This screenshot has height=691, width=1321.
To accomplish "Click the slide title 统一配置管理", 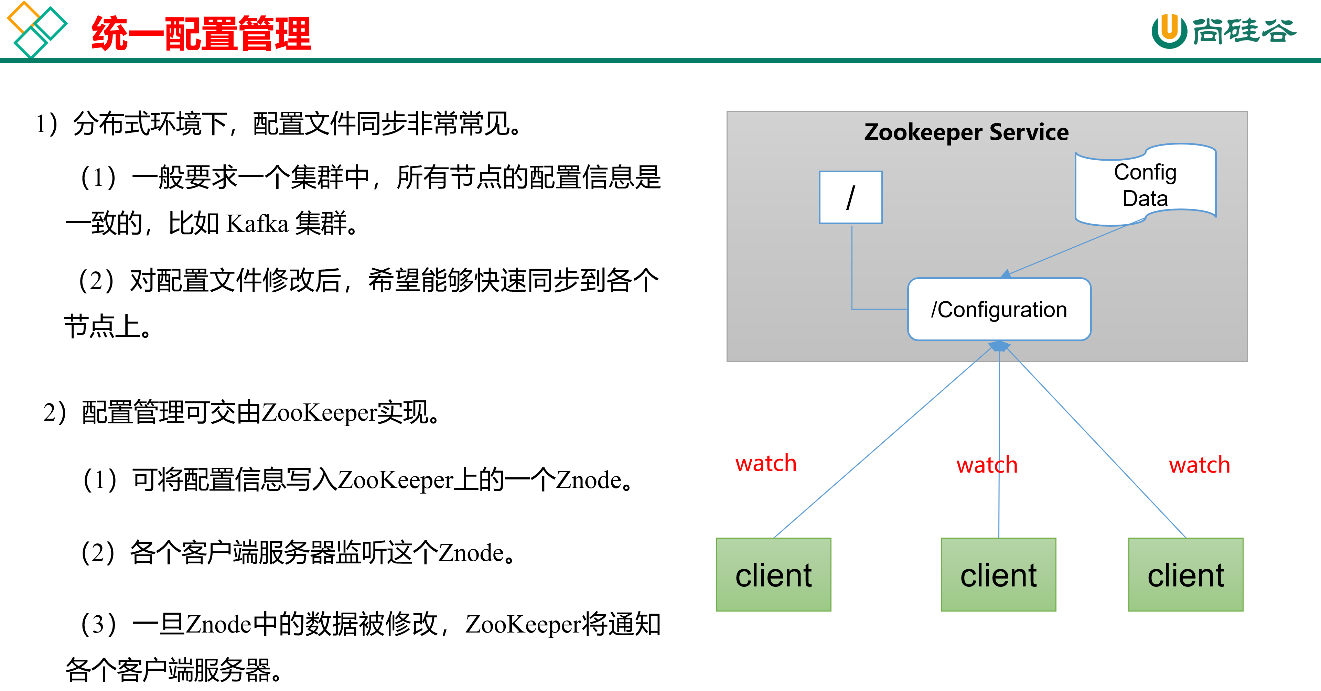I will [201, 34].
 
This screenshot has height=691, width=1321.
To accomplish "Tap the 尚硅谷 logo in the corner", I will [1223, 31].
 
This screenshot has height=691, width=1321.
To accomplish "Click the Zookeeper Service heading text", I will [966, 132].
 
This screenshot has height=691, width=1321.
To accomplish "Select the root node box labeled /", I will [851, 197].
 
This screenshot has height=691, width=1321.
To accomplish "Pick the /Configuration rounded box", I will [999, 310].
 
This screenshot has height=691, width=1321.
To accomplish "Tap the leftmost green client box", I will [773, 575].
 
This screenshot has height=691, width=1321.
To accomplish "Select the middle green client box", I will [998, 575].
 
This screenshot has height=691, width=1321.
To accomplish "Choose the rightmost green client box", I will [1185, 575].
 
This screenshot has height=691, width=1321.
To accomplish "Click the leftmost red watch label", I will [766, 463].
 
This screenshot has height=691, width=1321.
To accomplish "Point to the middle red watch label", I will [987, 465].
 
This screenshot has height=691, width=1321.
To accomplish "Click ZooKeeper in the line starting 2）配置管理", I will [319, 413].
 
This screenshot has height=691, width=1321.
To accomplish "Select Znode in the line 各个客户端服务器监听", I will [471, 553].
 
